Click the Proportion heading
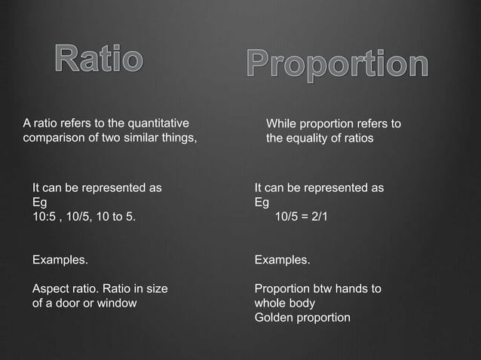coord(338,66)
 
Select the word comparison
coord(55,138)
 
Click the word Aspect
coord(50,288)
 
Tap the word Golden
coord(274,317)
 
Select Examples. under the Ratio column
coord(59,260)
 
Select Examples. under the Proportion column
coord(282,260)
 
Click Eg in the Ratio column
coord(39,203)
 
